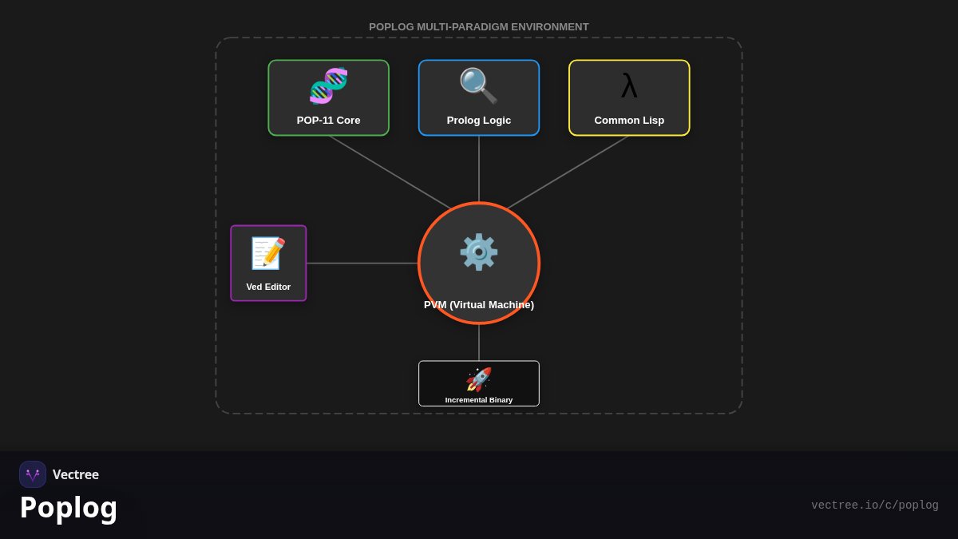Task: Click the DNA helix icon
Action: pyautogui.click(x=328, y=85)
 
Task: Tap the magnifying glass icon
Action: pyautogui.click(x=478, y=85)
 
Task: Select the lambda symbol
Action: pyautogui.click(x=629, y=85)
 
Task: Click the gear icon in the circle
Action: pyautogui.click(x=478, y=252)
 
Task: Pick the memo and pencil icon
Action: pyautogui.click(x=268, y=253)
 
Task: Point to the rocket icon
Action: pyautogui.click(x=478, y=379)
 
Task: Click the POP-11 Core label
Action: pyautogui.click(x=328, y=121)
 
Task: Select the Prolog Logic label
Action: pyautogui.click(x=478, y=121)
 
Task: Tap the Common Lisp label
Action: pyautogui.click(x=629, y=121)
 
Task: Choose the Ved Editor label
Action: pyautogui.click(x=268, y=287)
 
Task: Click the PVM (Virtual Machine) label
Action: pyautogui.click(x=478, y=304)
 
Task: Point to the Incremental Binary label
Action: pyautogui.click(x=478, y=400)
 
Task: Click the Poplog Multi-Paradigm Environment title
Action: pyautogui.click(x=478, y=26)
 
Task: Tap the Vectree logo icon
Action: pyautogui.click(x=33, y=474)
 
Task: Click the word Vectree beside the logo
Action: pyautogui.click(x=76, y=474)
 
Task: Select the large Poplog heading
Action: pyautogui.click(x=69, y=508)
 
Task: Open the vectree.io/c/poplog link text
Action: pyautogui.click(x=875, y=505)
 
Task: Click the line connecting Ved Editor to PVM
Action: pyautogui.click(x=362, y=263)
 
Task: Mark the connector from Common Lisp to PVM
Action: pyautogui.click(x=568, y=172)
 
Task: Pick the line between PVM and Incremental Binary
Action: pyautogui.click(x=478, y=343)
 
